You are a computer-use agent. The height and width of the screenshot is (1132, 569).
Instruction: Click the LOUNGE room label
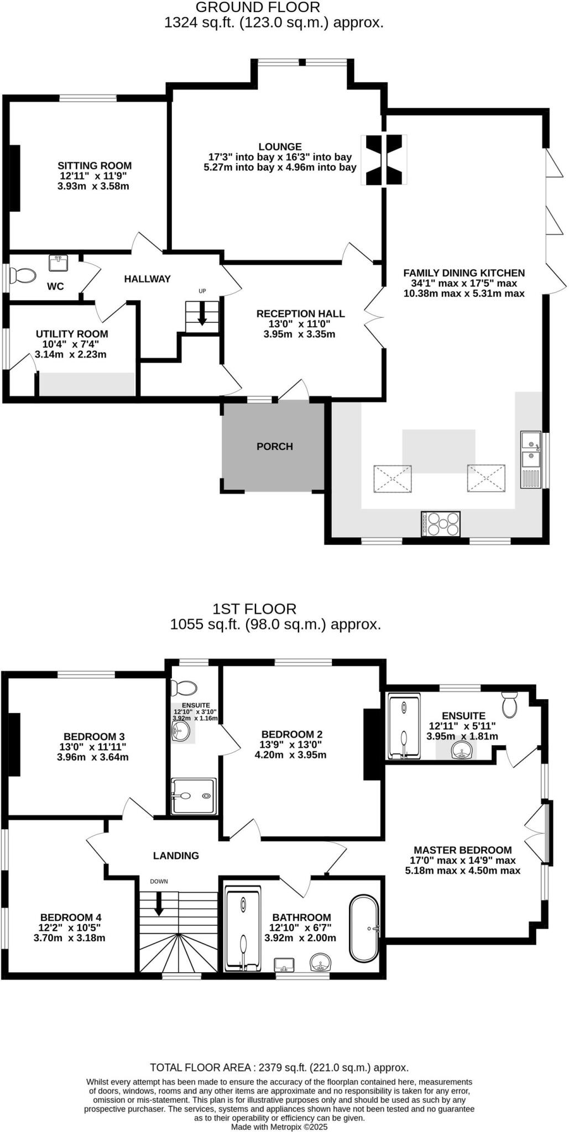point(280,146)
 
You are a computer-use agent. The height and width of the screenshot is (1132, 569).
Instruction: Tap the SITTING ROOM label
point(95,165)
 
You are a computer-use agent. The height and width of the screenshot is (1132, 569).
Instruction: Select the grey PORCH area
point(273,446)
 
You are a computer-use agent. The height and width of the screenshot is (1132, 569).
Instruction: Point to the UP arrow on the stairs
point(202,314)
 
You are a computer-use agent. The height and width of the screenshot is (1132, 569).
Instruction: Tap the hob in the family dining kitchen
point(441,523)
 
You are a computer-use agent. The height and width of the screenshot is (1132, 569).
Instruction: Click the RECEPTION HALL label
point(300,313)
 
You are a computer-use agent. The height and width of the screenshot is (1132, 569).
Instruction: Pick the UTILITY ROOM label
point(72,334)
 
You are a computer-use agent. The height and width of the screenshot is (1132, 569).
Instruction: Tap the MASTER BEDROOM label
point(463,850)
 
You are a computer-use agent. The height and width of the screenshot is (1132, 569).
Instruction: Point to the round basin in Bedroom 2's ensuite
point(181,732)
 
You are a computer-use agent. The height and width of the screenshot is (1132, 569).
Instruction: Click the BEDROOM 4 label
point(71,918)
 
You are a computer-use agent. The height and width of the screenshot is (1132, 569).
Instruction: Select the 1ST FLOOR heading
point(254,609)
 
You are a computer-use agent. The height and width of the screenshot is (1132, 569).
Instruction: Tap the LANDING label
point(176,856)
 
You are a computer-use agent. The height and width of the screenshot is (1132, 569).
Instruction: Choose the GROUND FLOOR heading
point(258,7)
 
